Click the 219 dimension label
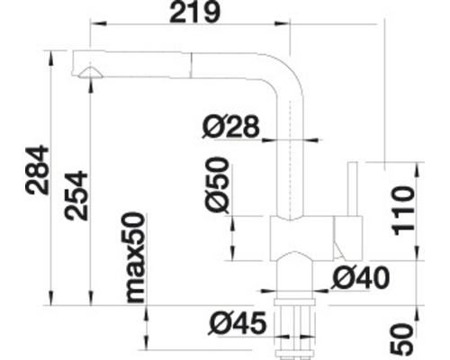[194, 13]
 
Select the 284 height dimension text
[37, 170]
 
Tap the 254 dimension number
[76, 195]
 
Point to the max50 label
[135, 257]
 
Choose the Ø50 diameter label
[217, 184]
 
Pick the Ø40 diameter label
[360, 278]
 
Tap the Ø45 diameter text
[238, 323]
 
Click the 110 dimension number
[404, 211]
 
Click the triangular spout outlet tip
[90, 73]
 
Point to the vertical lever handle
[353, 189]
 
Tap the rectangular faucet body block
[301, 238]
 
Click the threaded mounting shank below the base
[294, 328]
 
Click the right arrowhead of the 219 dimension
[283, 23]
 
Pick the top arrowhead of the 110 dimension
[416, 170]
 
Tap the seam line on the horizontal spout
[190, 66]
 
